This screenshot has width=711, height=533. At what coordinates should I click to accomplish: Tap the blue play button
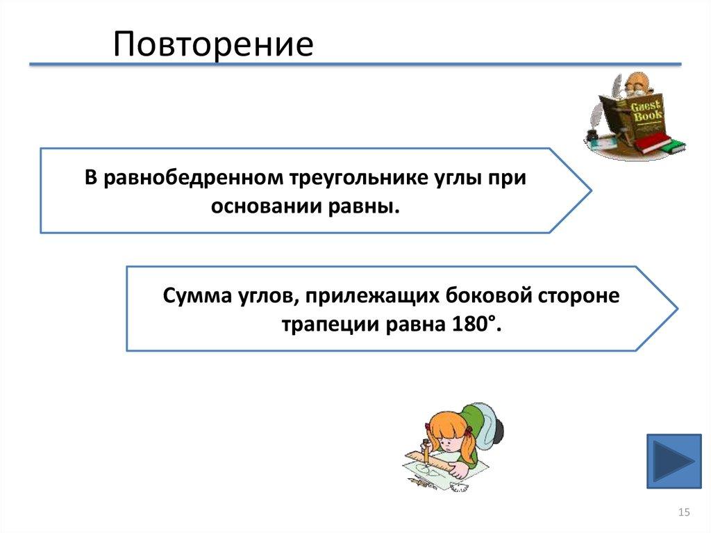pos(674,461)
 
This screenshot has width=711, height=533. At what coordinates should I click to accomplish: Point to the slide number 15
pos(683,512)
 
